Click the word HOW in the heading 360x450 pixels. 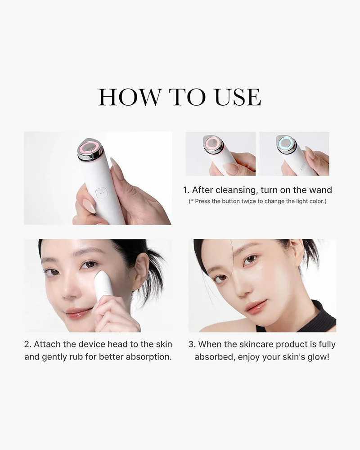130,97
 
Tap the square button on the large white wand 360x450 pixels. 101,193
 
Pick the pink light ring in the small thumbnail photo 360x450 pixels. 213,143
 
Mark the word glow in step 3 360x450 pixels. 318,357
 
